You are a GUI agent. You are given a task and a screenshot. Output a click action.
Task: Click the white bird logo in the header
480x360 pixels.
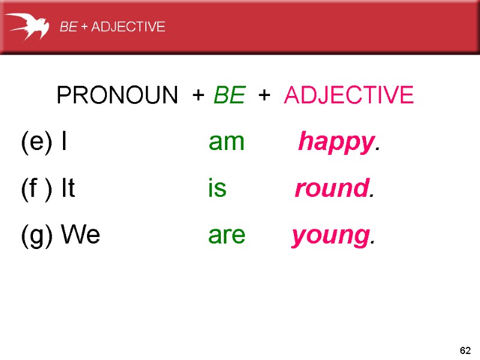[28, 26]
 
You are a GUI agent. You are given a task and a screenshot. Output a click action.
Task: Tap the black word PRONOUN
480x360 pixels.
[117, 95]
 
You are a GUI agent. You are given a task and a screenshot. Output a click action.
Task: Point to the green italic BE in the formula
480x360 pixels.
[229, 95]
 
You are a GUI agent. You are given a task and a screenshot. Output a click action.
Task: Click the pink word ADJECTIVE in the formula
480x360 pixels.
[349, 95]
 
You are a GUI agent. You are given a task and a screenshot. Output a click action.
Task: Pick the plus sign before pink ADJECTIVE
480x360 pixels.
[263, 95]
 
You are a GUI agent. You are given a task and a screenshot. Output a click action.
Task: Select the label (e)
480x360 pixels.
[38, 142]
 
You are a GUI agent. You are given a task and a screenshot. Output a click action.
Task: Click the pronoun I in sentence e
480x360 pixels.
[64, 142]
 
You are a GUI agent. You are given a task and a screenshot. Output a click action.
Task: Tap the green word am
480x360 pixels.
[226, 143]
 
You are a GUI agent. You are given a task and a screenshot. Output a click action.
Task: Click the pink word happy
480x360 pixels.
[335, 143]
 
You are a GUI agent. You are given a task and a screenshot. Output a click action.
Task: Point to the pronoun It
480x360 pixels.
[68, 189]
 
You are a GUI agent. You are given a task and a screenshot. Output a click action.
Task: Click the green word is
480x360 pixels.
[217, 189]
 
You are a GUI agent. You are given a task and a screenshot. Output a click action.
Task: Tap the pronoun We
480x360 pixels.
[80, 235]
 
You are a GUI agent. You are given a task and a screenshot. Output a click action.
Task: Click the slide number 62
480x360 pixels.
[464, 350]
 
